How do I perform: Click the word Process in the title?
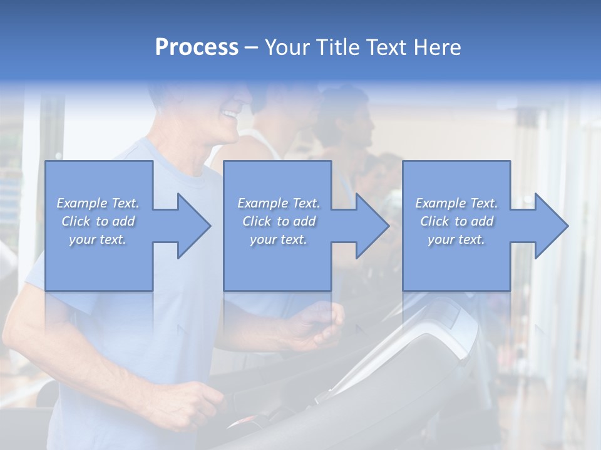(197, 47)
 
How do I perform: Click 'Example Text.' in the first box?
(98, 203)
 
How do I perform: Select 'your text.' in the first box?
(98, 239)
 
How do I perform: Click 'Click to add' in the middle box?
(279, 221)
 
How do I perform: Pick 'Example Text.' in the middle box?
(279, 203)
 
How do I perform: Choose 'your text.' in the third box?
(456, 239)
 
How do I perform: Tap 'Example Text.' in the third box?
(456, 203)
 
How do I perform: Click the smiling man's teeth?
(230, 115)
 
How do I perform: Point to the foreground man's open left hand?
(316, 325)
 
